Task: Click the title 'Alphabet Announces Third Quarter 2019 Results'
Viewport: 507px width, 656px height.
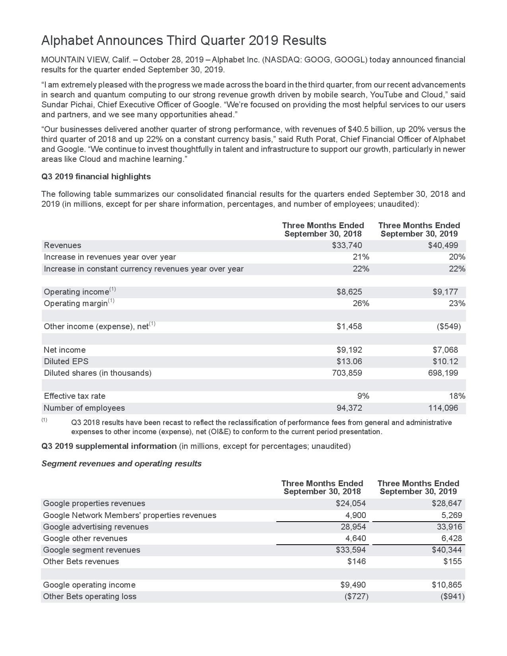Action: click(184, 41)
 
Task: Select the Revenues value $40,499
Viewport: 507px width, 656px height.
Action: click(443, 245)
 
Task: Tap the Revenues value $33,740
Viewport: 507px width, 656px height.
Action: click(347, 245)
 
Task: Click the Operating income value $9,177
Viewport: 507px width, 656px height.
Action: click(445, 292)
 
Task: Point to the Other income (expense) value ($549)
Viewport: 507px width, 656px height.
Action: click(449, 326)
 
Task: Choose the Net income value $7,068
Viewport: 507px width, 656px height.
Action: click(445, 350)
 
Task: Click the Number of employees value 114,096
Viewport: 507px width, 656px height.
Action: click(441, 408)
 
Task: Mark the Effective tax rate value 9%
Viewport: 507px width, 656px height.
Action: click(363, 396)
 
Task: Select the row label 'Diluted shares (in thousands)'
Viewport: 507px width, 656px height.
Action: click(97, 373)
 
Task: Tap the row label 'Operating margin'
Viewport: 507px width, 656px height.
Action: click(76, 303)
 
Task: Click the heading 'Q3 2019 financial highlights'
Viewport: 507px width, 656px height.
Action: click(96, 177)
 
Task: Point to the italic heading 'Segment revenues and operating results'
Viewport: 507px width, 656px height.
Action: click(121, 464)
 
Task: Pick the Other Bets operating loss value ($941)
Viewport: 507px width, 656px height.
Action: click(453, 596)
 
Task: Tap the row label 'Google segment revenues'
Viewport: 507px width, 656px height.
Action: click(91, 550)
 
